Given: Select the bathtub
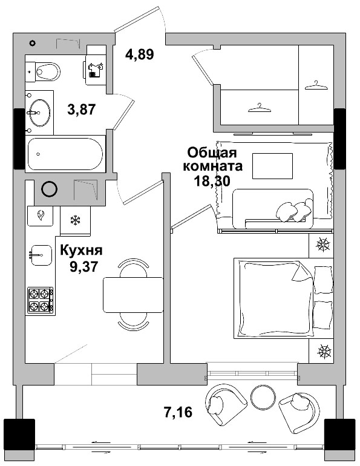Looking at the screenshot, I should click(65, 154).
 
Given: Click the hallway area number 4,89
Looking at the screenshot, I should click(140, 54).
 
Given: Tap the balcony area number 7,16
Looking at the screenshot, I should click(178, 413).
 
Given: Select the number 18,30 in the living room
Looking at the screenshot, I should click(211, 180).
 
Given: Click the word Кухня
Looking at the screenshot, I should click(81, 250).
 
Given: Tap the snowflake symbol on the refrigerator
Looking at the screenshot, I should click(76, 220).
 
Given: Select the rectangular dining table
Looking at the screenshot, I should click(133, 294).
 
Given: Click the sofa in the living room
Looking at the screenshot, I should click(272, 209).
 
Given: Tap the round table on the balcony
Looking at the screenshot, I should click(263, 397).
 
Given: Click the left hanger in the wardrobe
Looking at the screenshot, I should click(260, 107).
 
